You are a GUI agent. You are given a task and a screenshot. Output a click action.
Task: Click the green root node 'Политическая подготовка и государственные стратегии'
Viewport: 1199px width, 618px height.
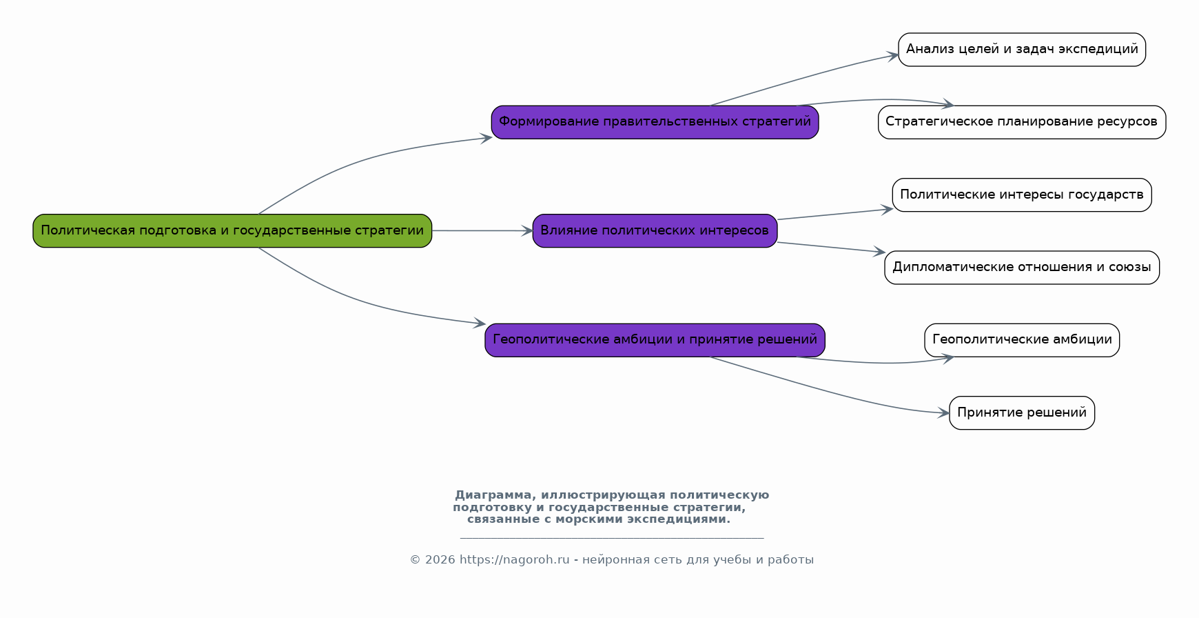232,231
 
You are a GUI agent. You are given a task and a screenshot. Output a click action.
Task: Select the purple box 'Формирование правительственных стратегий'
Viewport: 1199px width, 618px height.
655,122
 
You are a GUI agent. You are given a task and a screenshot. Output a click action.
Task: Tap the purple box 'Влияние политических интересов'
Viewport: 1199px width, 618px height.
655,231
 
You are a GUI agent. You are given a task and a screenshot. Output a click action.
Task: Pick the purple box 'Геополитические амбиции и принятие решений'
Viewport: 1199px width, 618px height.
655,340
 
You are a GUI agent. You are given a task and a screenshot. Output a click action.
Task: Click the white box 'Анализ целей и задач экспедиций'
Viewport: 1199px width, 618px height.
1022,50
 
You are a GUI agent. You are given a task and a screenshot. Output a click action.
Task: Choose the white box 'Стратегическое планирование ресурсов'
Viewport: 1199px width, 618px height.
1022,122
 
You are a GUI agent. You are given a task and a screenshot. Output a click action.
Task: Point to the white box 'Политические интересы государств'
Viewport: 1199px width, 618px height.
1022,195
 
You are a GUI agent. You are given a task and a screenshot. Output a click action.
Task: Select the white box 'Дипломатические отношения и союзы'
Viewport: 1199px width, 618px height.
1022,268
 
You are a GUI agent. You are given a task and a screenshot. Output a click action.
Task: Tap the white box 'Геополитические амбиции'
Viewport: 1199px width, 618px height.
1022,340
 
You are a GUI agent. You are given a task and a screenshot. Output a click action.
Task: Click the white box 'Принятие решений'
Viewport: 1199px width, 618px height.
1022,413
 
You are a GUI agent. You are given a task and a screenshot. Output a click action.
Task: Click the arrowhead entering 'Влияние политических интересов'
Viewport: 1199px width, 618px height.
526,231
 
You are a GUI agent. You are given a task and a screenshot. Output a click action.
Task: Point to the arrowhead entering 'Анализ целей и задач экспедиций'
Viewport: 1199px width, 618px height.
892,56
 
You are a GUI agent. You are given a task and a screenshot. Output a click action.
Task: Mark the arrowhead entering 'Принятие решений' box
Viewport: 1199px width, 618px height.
943,413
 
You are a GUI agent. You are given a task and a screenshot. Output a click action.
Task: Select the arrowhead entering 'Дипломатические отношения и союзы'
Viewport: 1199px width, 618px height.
879,252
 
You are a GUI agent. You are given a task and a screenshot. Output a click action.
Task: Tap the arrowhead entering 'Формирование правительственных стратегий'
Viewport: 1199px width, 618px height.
486,138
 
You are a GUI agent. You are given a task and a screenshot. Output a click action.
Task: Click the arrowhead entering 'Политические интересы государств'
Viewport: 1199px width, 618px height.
887,209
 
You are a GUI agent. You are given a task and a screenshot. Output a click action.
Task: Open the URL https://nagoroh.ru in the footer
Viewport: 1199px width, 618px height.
514,560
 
